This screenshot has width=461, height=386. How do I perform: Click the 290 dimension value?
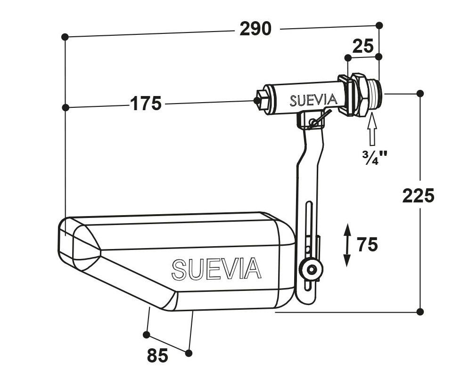click(255, 29)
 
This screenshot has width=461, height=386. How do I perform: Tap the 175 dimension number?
click(146, 103)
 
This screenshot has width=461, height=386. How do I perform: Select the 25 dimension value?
click(363, 46)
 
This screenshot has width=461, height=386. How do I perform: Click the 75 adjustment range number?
click(368, 244)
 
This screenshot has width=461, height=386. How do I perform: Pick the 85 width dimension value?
click(157, 355)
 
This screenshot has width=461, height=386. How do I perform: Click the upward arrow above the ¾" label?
click(372, 129)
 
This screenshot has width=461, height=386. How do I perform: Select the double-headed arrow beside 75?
click(347, 245)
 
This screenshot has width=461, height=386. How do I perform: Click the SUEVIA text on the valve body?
click(313, 100)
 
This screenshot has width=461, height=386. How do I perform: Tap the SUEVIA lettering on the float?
click(216, 269)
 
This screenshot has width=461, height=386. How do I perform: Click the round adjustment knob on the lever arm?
click(311, 269)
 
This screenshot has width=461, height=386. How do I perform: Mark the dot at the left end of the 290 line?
click(65, 37)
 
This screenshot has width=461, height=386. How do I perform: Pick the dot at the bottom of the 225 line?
click(420, 312)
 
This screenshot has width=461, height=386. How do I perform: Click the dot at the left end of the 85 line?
click(147, 335)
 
